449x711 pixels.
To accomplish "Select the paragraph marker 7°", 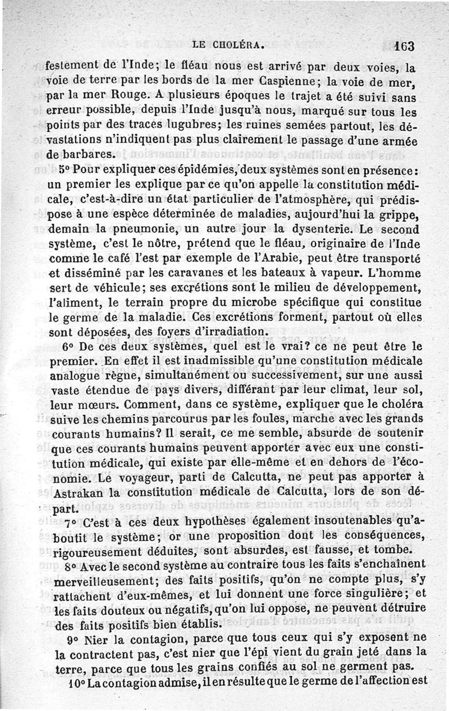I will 71,524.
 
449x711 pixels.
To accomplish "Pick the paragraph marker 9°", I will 73,639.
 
